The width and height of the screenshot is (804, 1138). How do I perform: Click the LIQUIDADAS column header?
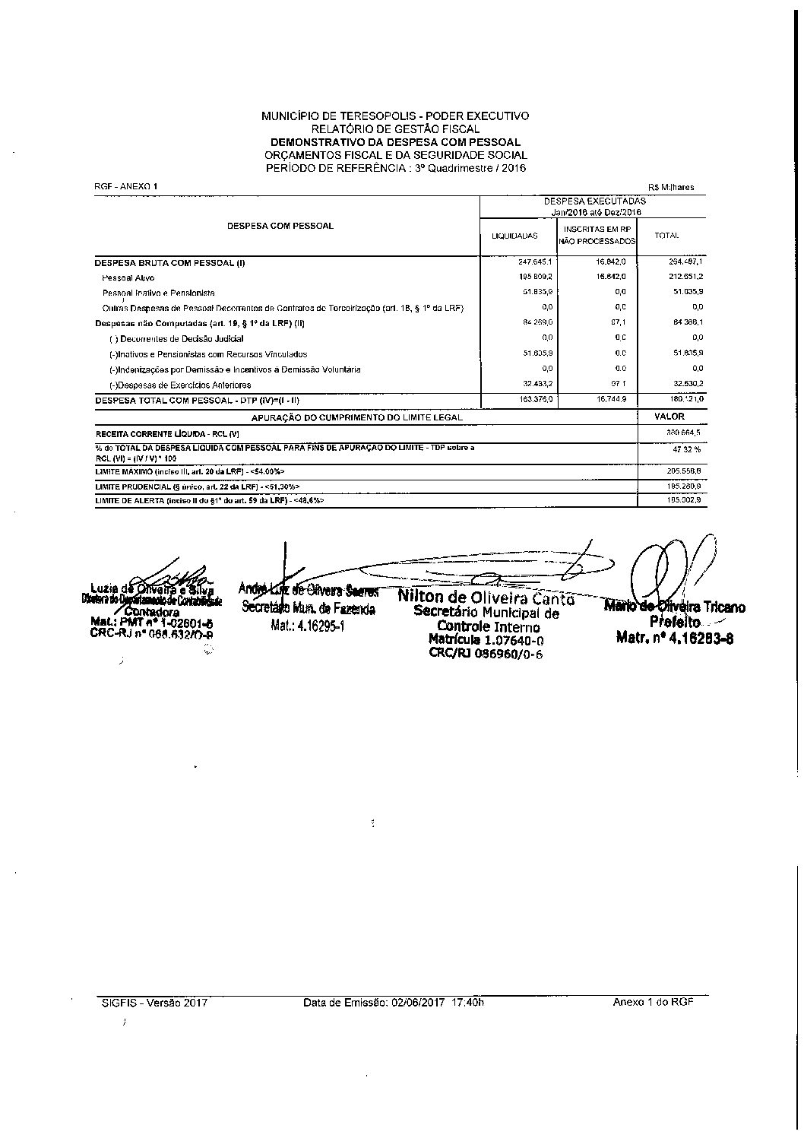pos(514,236)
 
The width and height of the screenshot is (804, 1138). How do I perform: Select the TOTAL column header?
pos(666,236)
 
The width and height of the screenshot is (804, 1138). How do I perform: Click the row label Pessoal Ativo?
pos(128,278)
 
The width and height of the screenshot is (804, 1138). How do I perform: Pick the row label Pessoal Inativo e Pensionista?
pos(159,293)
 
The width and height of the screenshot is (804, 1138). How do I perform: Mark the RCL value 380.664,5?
pos(683,432)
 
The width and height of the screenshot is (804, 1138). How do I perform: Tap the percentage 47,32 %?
pos(686,450)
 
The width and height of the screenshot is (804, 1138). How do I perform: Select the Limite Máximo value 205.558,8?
pos(683,471)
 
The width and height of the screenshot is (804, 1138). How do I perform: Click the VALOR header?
pos(669,417)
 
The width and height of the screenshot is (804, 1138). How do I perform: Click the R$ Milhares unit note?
pos(671,187)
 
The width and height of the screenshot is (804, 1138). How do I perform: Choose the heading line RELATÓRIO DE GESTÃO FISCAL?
pos(395,129)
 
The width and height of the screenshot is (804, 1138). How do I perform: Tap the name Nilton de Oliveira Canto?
pos(486,598)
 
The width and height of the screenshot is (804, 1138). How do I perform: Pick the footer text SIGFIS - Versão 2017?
pos(154,1002)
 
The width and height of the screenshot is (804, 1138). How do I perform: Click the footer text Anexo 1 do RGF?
pos(653,1002)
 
